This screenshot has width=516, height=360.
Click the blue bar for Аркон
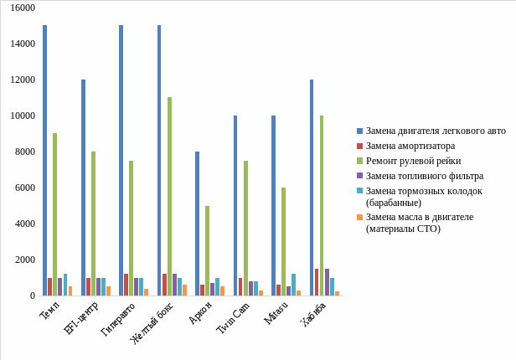[x=198, y=224]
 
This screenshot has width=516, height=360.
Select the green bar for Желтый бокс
[x=169, y=196]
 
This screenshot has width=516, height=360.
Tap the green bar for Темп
[x=55, y=214]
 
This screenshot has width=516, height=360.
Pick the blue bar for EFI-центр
[x=83, y=188]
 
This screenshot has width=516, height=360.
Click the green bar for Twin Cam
[x=245, y=228]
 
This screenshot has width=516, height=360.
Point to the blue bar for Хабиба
[x=312, y=188]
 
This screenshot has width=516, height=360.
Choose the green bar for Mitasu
[x=283, y=241]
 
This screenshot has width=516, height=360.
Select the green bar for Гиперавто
[x=132, y=228]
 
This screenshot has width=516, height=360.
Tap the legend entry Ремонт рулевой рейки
[x=414, y=161]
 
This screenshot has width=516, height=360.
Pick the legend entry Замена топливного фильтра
[x=424, y=176]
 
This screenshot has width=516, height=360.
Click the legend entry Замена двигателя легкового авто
[x=436, y=131]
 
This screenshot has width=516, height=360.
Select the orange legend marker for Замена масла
[x=359, y=217]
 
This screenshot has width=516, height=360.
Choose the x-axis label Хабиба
[x=313, y=315]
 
